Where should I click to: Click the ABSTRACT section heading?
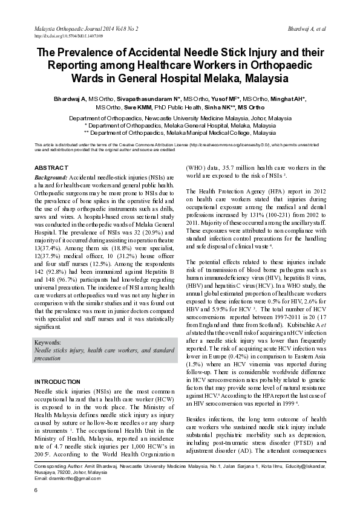pos(51,167)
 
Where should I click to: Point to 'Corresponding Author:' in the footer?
pos(59,466)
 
